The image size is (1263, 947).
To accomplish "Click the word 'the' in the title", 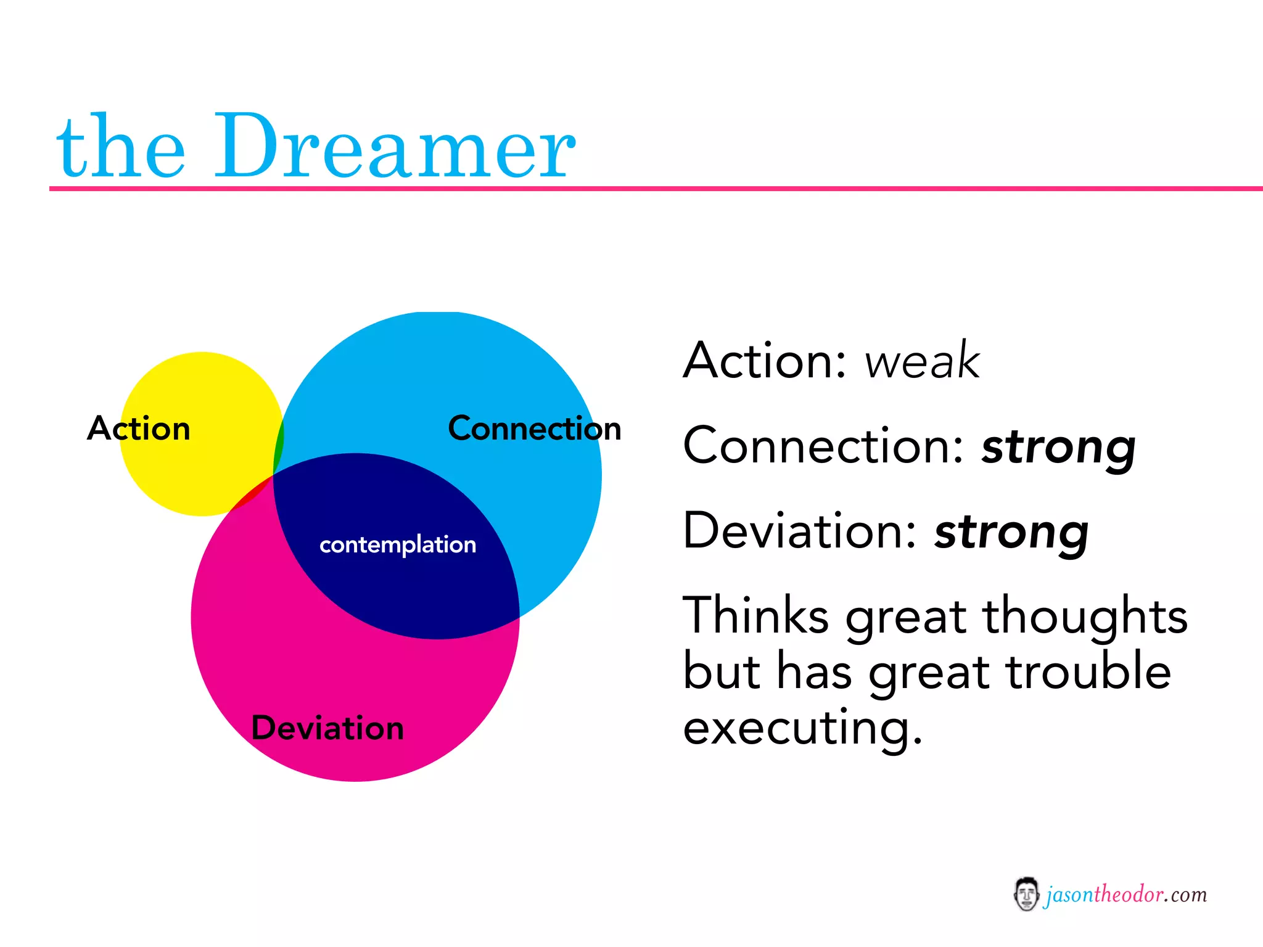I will click(x=121, y=148).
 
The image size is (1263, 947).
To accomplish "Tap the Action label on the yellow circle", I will click(x=139, y=428).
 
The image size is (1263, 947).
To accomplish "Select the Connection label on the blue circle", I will click(x=534, y=428).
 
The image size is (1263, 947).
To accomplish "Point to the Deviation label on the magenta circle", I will click(x=327, y=728).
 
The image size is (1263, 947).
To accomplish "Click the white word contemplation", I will click(x=398, y=545).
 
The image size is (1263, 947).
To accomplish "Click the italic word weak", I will click(x=921, y=361).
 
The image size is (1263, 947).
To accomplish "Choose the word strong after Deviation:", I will click(x=1011, y=532).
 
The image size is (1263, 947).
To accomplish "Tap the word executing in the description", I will click(x=802, y=728).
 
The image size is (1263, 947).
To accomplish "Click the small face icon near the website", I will click(x=1026, y=894).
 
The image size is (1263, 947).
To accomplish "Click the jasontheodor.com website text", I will click(x=1126, y=895).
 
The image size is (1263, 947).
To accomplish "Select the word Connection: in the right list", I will click(x=824, y=446).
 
